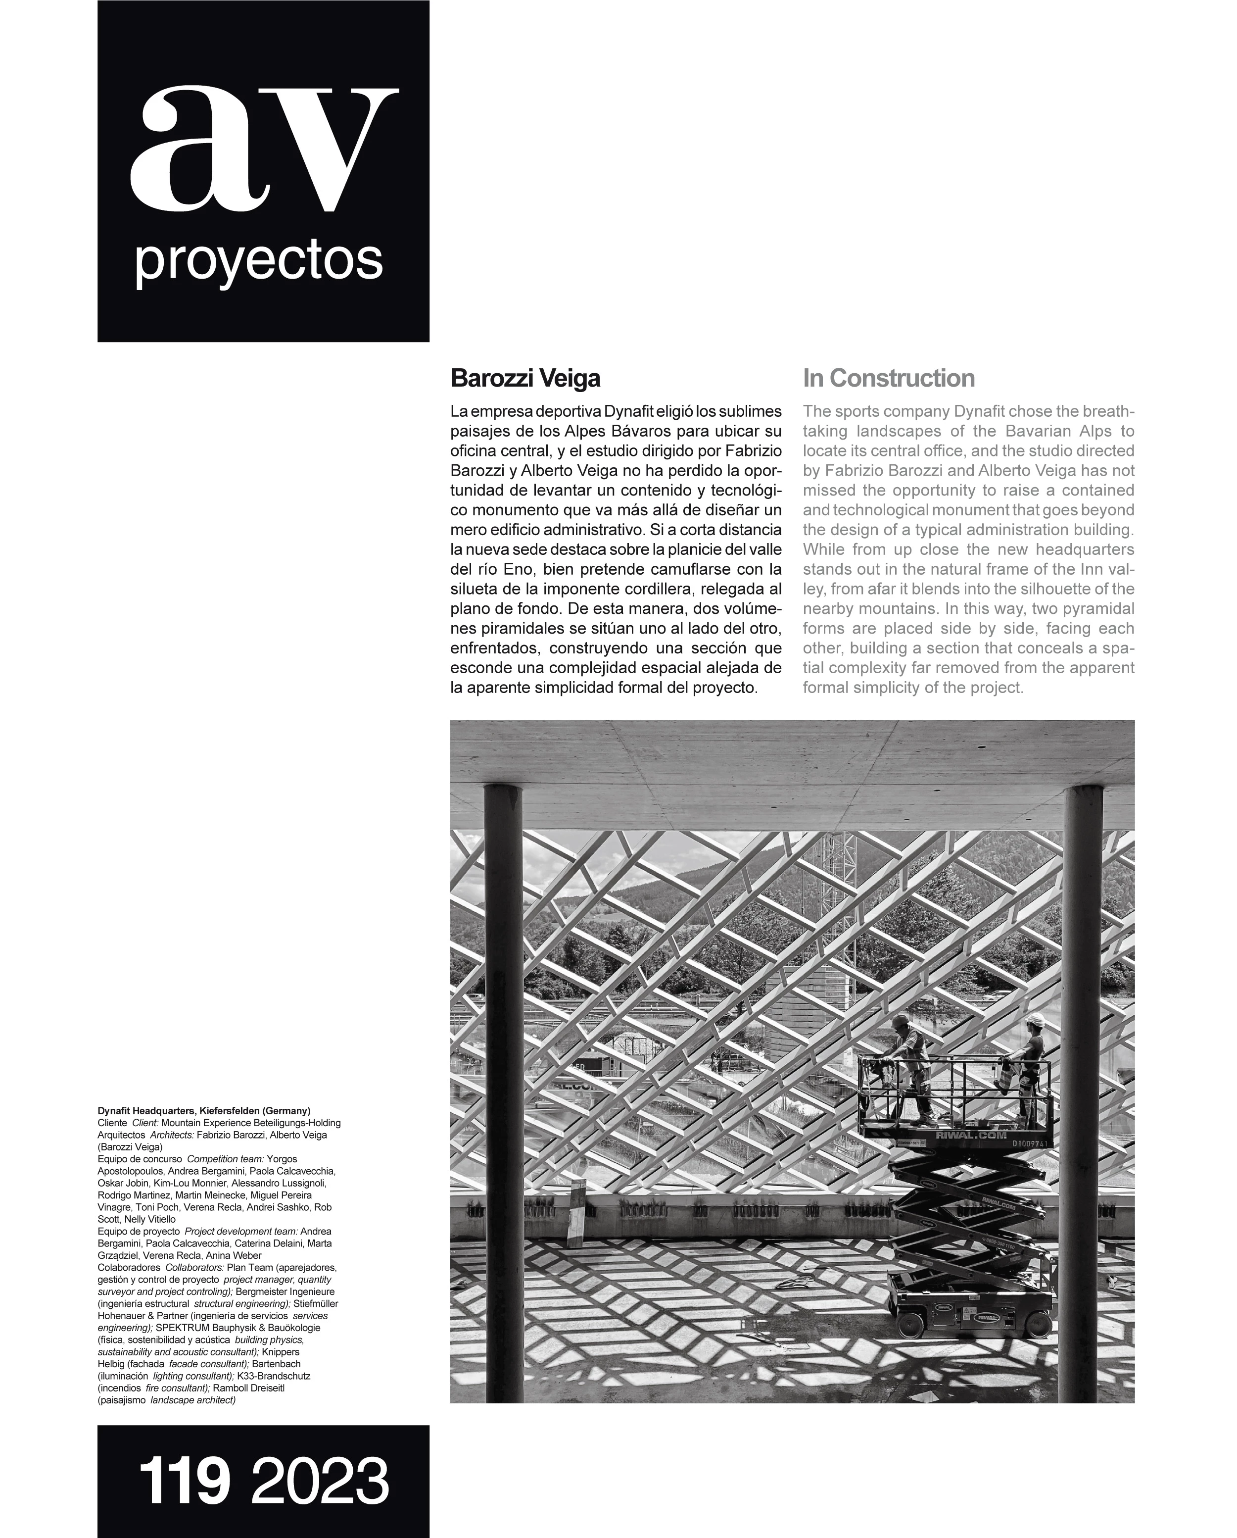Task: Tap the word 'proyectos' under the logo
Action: [x=258, y=262]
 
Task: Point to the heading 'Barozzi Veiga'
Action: [x=525, y=378]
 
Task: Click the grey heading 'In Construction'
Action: [x=888, y=378]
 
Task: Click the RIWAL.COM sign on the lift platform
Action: [x=961, y=1135]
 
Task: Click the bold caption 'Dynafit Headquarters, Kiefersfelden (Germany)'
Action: [x=204, y=1111]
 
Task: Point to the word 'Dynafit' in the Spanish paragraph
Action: [x=629, y=412]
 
